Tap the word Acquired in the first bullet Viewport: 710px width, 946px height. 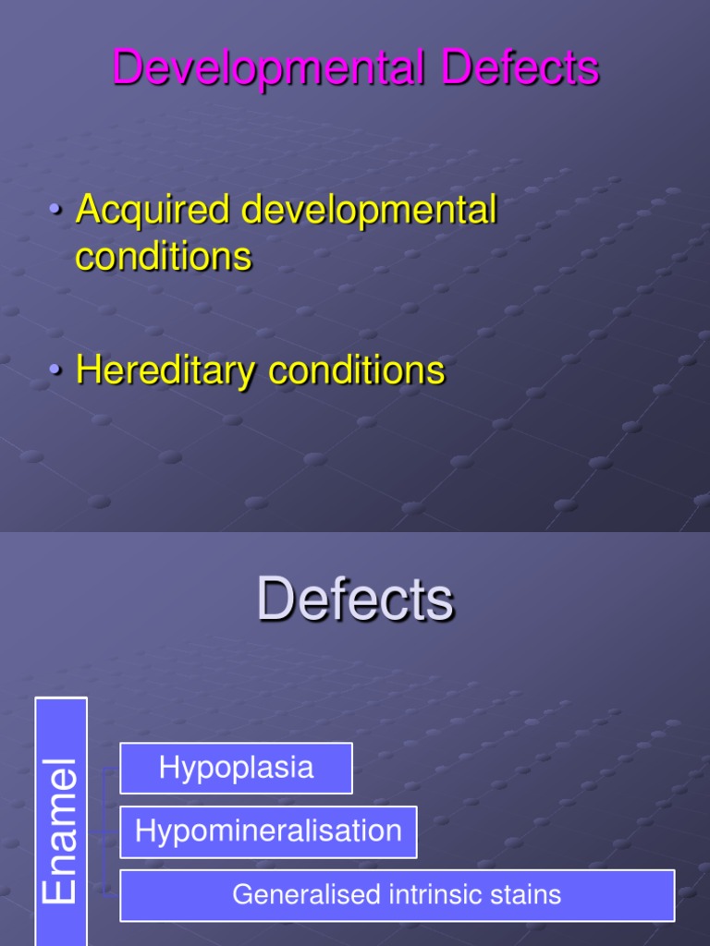point(153,210)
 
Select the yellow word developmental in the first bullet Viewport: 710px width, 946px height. point(369,210)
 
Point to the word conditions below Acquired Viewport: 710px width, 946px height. point(164,256)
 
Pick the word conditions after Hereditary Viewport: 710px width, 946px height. point(356,370)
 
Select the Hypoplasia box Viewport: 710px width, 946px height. point(236,768)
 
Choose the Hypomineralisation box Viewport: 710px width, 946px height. point(268,831)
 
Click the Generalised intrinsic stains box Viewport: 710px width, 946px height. point(397,895)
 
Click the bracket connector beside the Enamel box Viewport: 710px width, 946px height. point(108,831)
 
